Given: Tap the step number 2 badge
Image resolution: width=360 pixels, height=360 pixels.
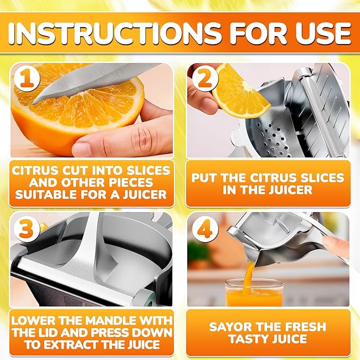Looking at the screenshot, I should pos(203,79).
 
